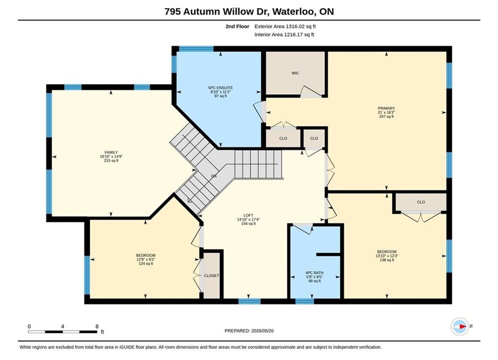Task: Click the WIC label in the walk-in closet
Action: tap(295, 73)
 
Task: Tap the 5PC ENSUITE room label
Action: tap(220, 88)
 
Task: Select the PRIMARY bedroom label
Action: tap(386, 108)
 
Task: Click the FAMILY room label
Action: tap(111, 152)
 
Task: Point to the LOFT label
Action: tap(248, 215)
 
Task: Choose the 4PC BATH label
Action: tap(314, 273)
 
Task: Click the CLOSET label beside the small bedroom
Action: tap(212, 276)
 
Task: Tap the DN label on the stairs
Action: tap(214, 176)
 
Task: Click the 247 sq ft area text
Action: tap(386, 116)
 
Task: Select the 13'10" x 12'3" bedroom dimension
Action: tap(387, 256)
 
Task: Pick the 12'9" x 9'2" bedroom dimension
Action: tap(146, 259)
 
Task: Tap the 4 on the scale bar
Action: tap(63, 326)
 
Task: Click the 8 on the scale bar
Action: tap(97, 326)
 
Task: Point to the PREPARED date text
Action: tap(249, 331)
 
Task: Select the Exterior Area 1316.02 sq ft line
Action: tap(285, 26)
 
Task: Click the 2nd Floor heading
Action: tap(237, 26)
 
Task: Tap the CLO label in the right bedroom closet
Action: tap(421, 202)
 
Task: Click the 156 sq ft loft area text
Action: tap(248, 223)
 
